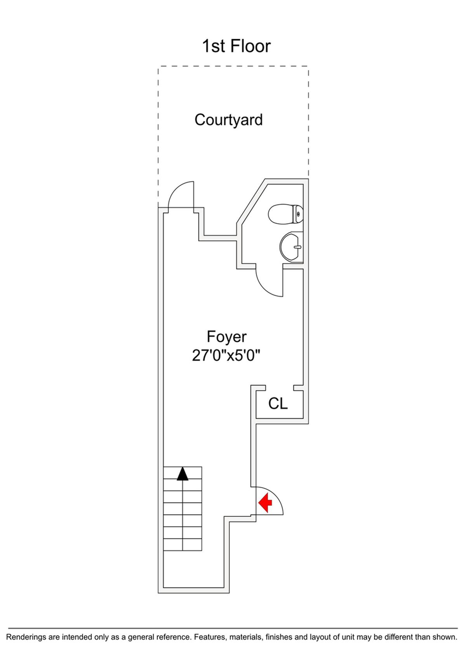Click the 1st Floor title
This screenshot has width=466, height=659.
pyautogui.click(x=236, y=46)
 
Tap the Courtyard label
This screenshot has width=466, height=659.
pyautogui.click(x=228, y=120)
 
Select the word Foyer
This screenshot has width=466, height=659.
pyautogui.click(x=226, y=336)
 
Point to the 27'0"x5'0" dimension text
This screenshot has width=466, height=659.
pyautogui.click(x=226, y=356)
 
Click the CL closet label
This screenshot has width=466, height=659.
pyautogui.click(x=278, y=404)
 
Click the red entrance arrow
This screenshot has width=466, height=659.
pyautogui.click(x=265, y=503)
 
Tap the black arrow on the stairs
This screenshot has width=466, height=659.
pyautogui.click(x=183, y=474)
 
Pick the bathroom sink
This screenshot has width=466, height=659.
pyautogui.click(x=290, y=247)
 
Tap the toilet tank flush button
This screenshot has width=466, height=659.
pyautogui.click(x=298, y=214)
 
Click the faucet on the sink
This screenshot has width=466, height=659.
pyautogui.click(x=297, y=247)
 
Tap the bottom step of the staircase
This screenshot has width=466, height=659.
pyautogui.click(x=183, y=545)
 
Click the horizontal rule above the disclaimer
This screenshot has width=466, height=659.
pyautogui.click(x=233, y=628)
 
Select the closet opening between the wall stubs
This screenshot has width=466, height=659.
pyautogui.click(x=279, y=388)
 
